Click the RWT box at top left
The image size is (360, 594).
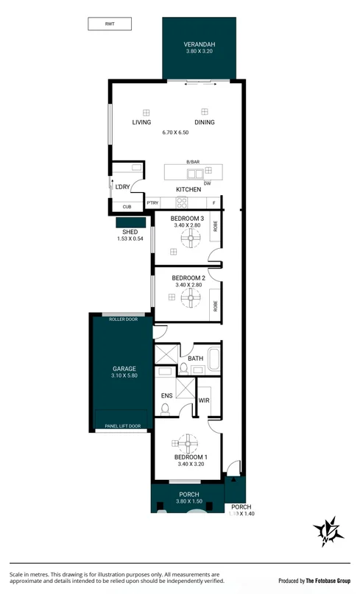tap(110, 24)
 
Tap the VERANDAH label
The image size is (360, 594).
tap(200, 45)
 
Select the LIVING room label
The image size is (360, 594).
tap(141, 122)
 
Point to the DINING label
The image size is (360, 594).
tap(205, 122)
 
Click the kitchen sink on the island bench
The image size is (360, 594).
tap(195, 174)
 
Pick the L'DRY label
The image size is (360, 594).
tap(122, 187)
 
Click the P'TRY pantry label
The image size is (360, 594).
tap(153, 203)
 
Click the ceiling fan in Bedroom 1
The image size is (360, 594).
tap(186, 444)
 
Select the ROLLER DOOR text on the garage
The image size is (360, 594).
tap(123, 319)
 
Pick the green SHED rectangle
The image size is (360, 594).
tap(130, 222)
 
